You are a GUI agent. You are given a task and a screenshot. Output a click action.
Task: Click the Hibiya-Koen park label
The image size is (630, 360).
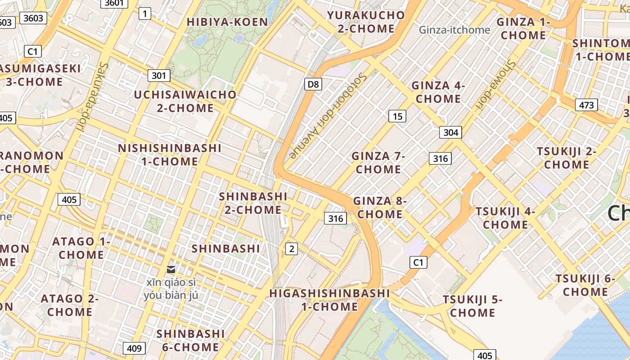coord(227,22)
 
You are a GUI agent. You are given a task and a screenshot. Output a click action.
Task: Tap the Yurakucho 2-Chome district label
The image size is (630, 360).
coord(366,22)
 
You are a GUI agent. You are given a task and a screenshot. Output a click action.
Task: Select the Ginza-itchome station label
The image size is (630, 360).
coord(454,30)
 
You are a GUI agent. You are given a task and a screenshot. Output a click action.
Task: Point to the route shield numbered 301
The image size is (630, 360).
coord(159,75)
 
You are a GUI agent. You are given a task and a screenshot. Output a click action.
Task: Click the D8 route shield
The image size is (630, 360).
coord(313,84)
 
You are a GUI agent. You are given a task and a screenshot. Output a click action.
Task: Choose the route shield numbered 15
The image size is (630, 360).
coord(397,117)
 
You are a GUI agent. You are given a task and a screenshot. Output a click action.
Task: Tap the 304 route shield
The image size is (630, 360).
coord(450,132)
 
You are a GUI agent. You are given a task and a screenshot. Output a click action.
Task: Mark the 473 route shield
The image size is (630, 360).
coord(586,105)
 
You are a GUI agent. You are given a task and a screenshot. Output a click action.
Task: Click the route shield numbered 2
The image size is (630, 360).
coord(292,248)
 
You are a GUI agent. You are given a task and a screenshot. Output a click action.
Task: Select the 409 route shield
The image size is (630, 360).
coord(134,348)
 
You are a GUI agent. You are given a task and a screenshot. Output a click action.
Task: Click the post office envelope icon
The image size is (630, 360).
coord(171,269)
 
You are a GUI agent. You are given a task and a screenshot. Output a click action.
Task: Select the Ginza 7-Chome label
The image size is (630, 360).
coord(378,162)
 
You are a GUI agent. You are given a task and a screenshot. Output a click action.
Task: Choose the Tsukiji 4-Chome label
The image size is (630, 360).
coord(505,218)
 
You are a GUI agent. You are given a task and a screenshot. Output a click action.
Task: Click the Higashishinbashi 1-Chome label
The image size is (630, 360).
coord(329,300)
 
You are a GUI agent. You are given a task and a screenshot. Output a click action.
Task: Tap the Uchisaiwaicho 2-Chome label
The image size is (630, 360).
coord(185,101)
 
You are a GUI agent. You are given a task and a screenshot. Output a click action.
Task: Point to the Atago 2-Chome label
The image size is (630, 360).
coord(70,305)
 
